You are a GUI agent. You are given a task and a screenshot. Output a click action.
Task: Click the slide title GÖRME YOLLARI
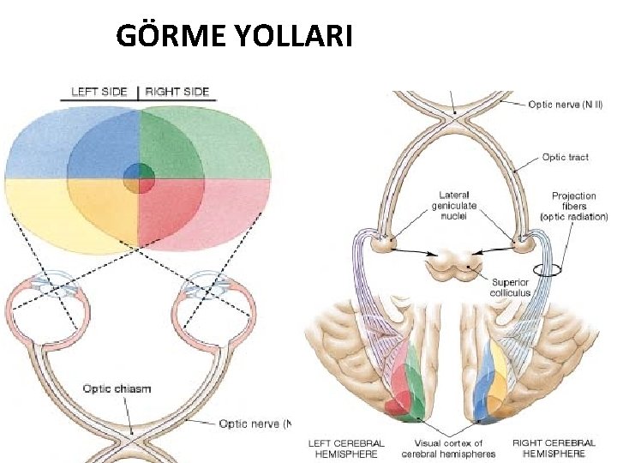point(233,36)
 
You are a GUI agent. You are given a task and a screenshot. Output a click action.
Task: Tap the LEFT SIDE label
point(99,92)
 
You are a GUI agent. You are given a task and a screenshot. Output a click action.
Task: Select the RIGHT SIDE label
point(178,92)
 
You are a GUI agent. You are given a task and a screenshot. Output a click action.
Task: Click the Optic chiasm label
point(117,388)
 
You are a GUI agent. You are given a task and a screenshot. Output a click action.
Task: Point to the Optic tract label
point(565,157)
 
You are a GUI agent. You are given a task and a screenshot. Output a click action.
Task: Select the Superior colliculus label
point(511,287)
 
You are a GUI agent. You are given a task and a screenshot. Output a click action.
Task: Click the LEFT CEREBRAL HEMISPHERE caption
point(346,448)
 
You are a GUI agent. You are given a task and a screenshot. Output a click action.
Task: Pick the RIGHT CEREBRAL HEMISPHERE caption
point(554,448)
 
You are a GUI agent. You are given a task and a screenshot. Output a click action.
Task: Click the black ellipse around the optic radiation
point(544,270)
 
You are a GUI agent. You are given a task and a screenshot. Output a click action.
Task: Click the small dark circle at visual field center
point(138,180)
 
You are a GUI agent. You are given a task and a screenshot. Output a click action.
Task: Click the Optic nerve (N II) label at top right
point(566,105)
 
